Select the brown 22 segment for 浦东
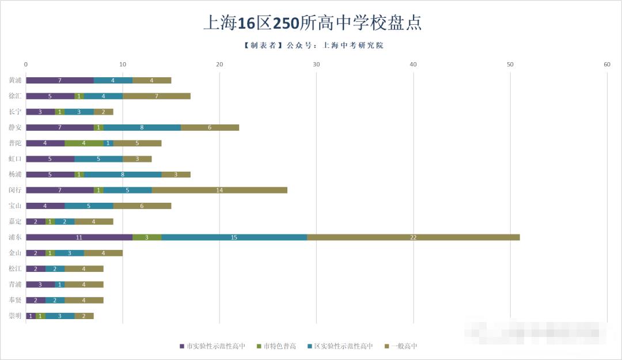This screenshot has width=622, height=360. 413,237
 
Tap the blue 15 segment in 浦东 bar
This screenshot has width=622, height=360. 234,237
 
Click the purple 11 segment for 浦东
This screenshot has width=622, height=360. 79,237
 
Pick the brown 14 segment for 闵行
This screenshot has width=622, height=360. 219,190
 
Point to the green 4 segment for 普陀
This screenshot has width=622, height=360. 84,143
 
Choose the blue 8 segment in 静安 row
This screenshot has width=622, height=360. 142,127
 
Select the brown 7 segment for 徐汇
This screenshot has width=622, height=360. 156,96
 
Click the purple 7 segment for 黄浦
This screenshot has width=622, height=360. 59,80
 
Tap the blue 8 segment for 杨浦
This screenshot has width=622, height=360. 123,175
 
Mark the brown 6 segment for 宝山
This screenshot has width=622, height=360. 142,206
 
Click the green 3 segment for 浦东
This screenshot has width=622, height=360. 147,237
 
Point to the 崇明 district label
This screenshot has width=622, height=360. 16,316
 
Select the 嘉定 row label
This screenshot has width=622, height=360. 16,222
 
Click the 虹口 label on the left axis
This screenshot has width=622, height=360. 16,159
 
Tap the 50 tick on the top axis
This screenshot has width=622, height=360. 510,65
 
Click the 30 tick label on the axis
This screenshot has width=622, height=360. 316,65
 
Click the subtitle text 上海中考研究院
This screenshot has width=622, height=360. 355,45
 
